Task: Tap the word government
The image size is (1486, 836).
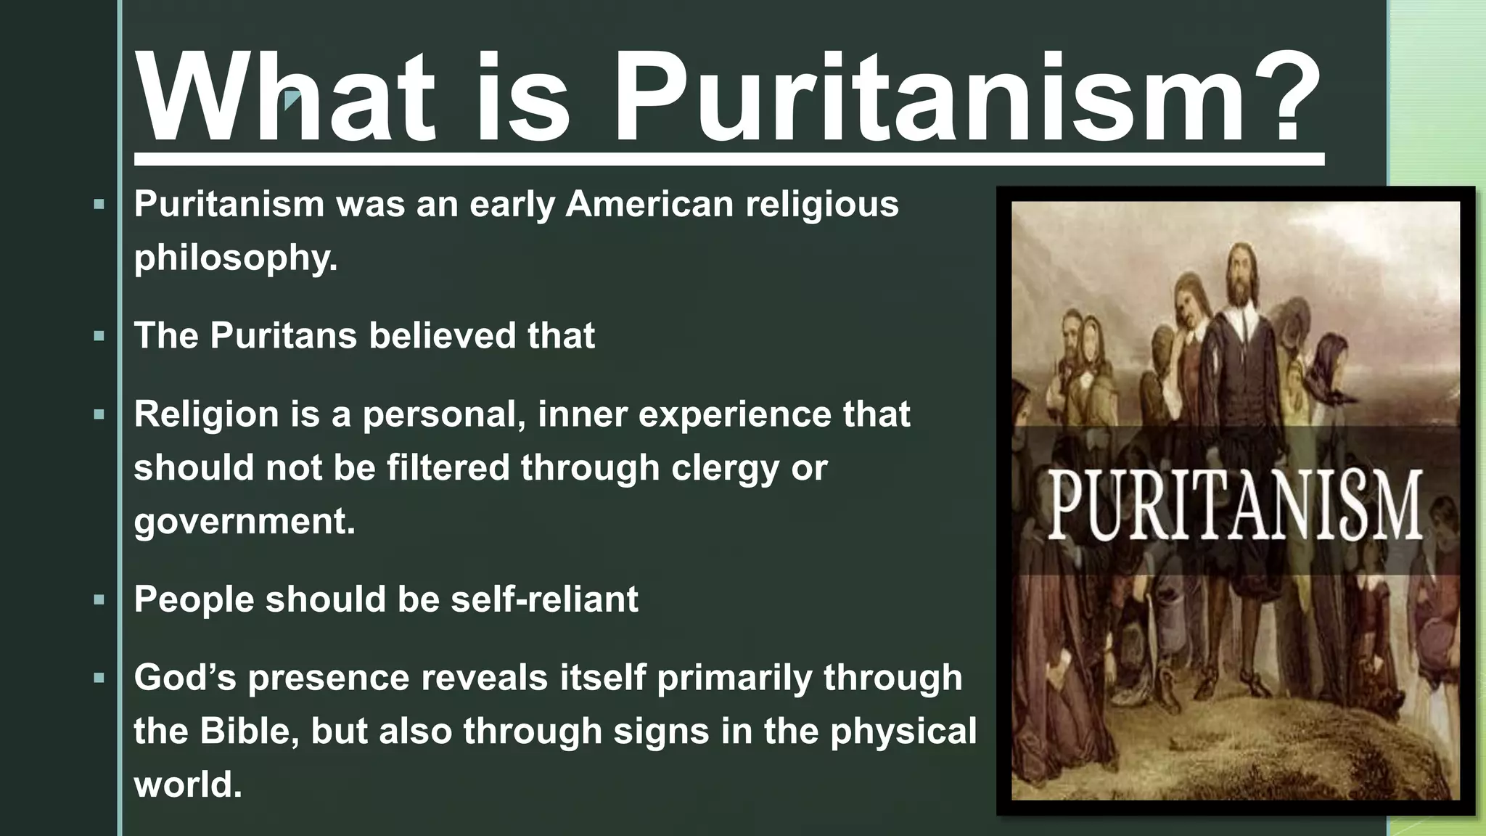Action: tap(243, 522)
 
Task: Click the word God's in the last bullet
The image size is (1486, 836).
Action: tap(185, 679)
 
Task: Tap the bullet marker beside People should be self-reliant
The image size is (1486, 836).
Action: tap(99, 600)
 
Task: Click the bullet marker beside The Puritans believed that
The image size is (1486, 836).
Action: tap(99, 337)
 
